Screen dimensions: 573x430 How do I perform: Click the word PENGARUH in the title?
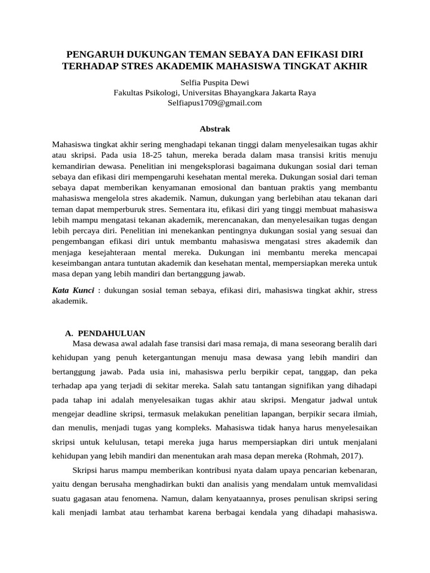(92, 55)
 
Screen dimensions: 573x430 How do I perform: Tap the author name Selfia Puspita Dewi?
(215, 82)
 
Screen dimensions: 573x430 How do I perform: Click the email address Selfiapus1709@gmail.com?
(215, 102)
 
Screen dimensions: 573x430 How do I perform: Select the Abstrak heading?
(215, 129)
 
